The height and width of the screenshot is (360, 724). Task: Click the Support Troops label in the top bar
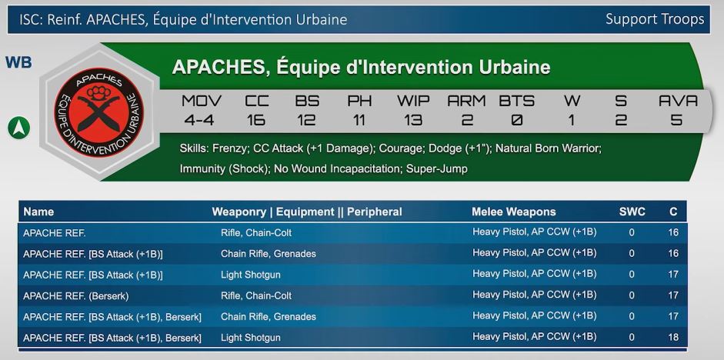coord(655,19)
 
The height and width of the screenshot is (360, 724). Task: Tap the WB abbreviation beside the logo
coord(18,62)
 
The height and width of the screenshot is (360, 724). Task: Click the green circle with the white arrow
coord(19,128)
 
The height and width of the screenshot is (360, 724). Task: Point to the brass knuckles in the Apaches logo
coord(98,93)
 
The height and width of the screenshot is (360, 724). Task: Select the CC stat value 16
coord(255,121)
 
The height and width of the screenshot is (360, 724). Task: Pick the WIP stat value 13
coord(413,121)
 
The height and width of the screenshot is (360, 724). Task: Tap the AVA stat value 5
coord(676,121)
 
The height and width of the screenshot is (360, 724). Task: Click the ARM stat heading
coord(466,101)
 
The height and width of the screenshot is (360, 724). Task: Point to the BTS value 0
coord(517,121)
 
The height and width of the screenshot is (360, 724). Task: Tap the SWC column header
coord(632,212)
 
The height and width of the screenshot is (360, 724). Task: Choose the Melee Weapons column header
coord(513,212)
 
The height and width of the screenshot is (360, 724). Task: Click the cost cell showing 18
coord(673,338)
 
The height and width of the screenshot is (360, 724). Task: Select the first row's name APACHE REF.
coord(55,233)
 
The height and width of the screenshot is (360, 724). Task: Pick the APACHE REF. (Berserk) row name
coord(75,296)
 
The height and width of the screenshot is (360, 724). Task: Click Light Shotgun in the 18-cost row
coord(250,338)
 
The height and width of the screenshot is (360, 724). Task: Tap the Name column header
coord(38,212)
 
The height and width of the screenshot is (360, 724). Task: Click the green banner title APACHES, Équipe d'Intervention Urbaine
coord(361,68)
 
